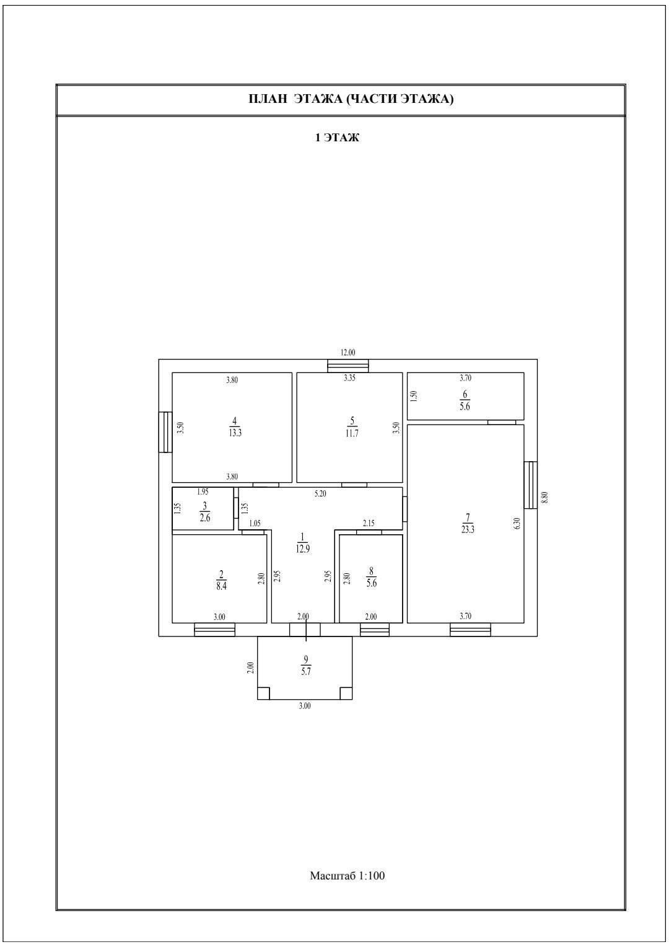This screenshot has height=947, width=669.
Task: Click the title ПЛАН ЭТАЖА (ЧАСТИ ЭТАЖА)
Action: [x=351, y=99]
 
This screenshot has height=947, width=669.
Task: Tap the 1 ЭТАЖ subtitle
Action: [x=337, y=138]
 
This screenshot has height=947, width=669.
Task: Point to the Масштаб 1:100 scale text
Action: [x=348, y=875]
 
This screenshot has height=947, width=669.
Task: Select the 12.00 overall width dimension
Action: [x=348, y=352]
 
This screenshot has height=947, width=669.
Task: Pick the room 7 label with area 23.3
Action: [x=468, y=524]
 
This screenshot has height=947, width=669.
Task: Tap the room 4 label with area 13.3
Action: [x=235, y=427]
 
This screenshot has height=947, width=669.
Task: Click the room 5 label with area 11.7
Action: [x=352, y=427]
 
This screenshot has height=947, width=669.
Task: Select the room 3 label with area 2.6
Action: [x=205, y=512]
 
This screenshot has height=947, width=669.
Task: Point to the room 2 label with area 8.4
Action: [x=221, y=579]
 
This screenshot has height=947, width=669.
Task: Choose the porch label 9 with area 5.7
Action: [x=306, y=666]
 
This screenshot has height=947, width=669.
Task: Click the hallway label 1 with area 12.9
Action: [x=302, y=544]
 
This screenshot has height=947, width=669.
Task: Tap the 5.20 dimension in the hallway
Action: [x=320, y=493]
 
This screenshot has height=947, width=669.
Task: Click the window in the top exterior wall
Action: [x=348, y=366]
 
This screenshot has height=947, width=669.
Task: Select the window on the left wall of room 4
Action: [x=165, y=432]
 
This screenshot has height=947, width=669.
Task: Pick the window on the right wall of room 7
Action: [x=531, y=485]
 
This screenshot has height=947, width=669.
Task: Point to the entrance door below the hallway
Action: [x=305, y=630]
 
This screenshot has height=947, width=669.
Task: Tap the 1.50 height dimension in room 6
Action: [x=414, y=395]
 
